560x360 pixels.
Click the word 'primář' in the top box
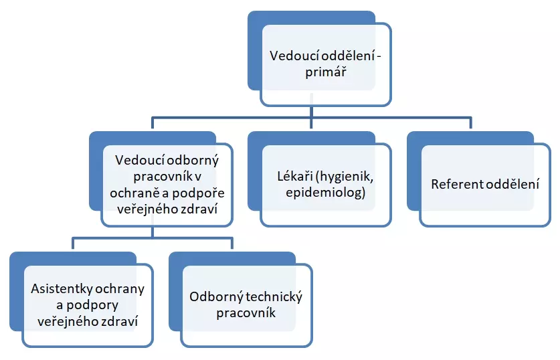325,73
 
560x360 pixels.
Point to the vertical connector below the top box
311,111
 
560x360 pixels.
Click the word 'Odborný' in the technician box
215,296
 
